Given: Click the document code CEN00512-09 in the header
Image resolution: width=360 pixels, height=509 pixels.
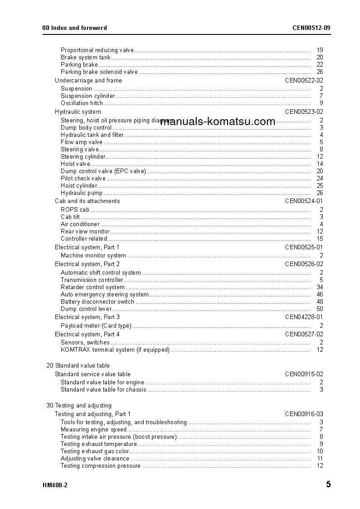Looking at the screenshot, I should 311,28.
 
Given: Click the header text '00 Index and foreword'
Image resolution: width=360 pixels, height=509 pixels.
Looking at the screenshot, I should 74,28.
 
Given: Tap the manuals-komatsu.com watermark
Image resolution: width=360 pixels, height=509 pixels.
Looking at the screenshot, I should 218,121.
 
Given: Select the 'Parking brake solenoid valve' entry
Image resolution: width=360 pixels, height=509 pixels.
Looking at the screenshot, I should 99,72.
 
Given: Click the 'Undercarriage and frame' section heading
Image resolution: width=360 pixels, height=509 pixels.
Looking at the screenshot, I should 88,81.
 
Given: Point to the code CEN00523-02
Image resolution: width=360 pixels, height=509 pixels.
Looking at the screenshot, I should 304,112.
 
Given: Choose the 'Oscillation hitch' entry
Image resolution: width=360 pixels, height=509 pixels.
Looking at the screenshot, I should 82,103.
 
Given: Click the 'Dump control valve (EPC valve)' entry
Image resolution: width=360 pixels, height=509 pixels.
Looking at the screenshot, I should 103,171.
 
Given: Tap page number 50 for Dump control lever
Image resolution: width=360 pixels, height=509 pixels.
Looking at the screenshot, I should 320,309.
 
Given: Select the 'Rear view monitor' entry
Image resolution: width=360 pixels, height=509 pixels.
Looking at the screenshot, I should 85,232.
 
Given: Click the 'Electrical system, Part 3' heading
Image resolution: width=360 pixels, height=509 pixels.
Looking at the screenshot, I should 88,317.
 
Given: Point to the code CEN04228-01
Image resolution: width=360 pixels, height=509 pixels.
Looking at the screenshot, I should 304,317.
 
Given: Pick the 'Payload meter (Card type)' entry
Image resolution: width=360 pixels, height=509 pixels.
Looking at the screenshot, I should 96,326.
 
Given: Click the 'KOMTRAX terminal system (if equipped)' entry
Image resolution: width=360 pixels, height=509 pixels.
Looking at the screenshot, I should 115,350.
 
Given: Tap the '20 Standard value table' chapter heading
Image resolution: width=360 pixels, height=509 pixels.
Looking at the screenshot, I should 78,366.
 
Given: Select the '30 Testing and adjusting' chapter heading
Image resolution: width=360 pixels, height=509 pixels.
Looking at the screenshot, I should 79,406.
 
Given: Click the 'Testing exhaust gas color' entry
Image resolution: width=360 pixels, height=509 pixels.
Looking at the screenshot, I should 95,451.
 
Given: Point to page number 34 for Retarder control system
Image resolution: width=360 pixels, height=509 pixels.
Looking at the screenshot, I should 320,287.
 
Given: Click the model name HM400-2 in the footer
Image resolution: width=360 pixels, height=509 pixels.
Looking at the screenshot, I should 55,485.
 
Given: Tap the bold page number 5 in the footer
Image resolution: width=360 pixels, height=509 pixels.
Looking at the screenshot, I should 328,485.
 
